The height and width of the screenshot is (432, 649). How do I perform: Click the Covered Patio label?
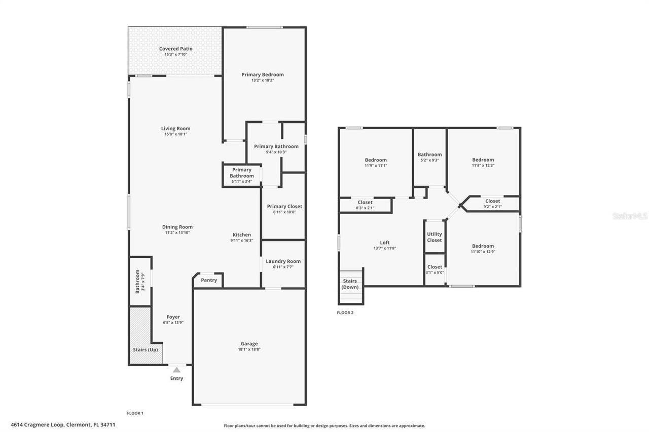click(x=175, y=49)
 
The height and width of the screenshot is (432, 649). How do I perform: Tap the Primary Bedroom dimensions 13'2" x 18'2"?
click(x=262, y=80)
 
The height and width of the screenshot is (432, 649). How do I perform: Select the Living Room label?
click(x=175, y=129)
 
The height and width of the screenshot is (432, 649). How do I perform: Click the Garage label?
click(x=249, y=344)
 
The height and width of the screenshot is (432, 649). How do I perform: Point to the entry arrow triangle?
click(x=176, y=370)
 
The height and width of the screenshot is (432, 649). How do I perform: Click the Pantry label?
click(x=209, y=280)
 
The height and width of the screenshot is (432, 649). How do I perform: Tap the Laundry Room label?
click(x=283, y=261)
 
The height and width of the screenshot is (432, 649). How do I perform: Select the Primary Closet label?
click(x=284, y=206)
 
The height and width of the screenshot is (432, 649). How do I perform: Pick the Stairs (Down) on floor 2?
click(x=350, y=285)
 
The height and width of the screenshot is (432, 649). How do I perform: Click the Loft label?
click(x=385, y=243)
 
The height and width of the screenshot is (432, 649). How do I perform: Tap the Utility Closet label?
click(x=435, y=237)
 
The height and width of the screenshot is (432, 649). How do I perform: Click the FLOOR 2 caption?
click(x=345, y=313)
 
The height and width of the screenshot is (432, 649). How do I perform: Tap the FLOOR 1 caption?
click(x=135, y=413)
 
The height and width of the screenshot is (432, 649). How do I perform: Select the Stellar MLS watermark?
click(x=630, y=216)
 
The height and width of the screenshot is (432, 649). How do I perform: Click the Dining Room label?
click(x=177, y=227)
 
